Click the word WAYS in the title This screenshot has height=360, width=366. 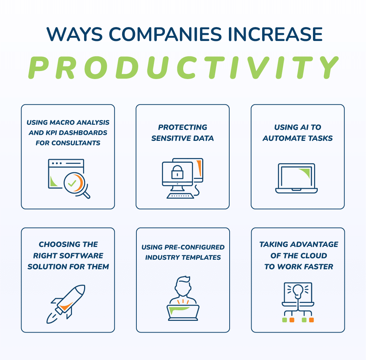click(x=75, y=34)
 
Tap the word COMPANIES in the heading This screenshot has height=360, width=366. click(x=165, y=34)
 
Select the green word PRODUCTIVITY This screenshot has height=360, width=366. click(x=184, y=68)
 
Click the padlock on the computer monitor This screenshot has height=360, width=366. click(x=177, y=172)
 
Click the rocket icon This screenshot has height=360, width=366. click(x=66, y=304)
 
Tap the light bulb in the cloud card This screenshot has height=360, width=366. click(x=298, y=291)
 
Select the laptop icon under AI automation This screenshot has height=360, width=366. click(x=297, y=178)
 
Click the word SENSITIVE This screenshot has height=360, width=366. click(x=169, y=138)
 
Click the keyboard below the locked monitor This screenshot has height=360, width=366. click(x=180, y=196)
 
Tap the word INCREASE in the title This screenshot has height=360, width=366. click(x=275, y=34)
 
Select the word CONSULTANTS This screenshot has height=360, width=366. click(x=76, y=143)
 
